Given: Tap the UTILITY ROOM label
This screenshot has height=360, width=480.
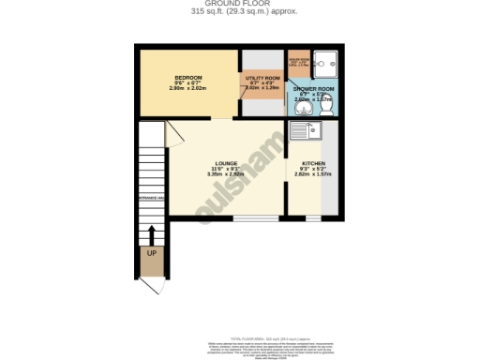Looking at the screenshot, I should click(262, 78).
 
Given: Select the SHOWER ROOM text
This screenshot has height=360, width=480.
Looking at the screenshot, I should click(313, 88).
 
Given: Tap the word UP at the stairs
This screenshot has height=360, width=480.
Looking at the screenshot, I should click(151, 253).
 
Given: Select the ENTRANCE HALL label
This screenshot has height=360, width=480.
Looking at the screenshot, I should click(151, 198).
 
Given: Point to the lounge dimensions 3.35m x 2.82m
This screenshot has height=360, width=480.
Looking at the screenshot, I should click(225, 173).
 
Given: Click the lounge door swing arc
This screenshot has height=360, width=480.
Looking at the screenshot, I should click(174, 136).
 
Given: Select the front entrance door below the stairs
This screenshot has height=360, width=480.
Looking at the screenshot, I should click(151, 274).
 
